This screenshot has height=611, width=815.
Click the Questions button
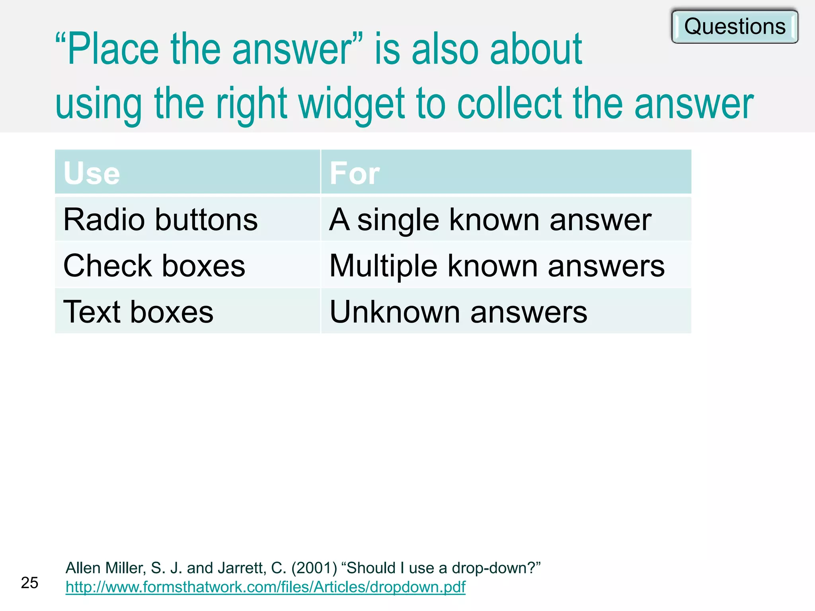735,27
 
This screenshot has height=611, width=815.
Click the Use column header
92,173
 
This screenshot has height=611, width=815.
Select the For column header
355,173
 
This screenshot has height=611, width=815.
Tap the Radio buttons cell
160,220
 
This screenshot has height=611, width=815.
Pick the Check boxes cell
154,266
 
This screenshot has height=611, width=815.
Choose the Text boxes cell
138,312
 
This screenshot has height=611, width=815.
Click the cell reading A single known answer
490,220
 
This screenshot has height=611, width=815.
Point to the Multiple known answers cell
497,266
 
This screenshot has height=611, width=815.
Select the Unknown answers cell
458,312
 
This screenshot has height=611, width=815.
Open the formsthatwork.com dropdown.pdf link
265,587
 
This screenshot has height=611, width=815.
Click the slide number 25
29,583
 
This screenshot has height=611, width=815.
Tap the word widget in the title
352,104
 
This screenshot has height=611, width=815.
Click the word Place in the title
113,49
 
